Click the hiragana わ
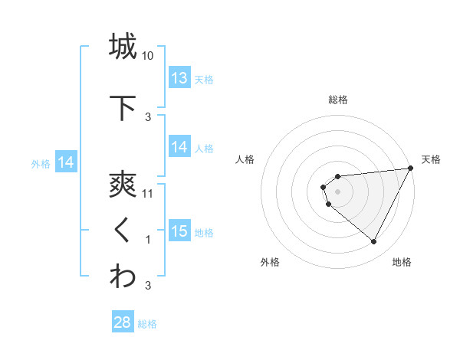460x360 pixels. (123, 277)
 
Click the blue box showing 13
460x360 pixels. (179, 78)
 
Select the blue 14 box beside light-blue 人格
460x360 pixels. (179, 148)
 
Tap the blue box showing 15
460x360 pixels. (179, 231)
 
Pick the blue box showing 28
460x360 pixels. (122, 322)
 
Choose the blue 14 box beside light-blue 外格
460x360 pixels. (65, 162)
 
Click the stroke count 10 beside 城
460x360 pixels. (148, 56)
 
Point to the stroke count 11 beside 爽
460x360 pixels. (148, 194)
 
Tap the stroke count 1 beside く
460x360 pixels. (148, 240)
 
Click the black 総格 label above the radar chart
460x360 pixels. (338, 100)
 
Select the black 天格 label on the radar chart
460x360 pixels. (431, 159)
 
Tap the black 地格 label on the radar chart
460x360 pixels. (402, 262)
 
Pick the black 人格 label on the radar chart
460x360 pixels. (245, 159)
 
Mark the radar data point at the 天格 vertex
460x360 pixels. (410, 169)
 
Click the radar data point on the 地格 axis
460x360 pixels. (374, 242)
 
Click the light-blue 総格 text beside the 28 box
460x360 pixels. (147, 324)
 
